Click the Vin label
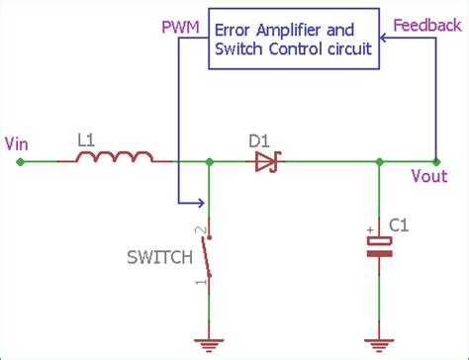tap(17, 143)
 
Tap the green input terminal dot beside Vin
tap(21, 162)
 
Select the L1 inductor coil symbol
tap(117, 157)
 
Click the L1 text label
tap(87, 141)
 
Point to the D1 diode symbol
tap(265, 162)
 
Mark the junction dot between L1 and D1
tap(209, 162)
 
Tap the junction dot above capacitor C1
tap(378, 162)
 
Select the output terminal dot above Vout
tap(435, 162)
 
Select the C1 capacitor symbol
tap(378, 245)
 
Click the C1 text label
tap(398, 226)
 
